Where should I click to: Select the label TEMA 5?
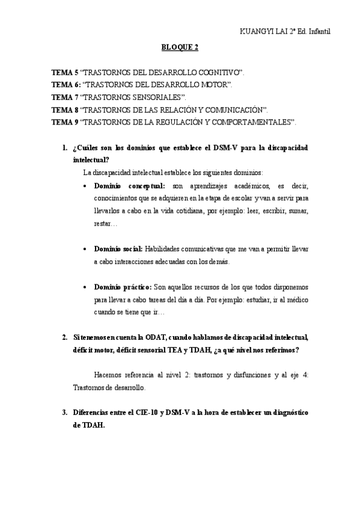(x=64, y=72)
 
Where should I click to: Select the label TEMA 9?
(x=64, y=122)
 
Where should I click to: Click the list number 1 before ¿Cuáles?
(x=64, y=148)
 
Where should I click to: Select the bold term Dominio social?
(x=118, y=248)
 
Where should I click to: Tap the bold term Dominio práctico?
(x=123, y=287)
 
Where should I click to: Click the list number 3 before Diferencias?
(x=64, y=413)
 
